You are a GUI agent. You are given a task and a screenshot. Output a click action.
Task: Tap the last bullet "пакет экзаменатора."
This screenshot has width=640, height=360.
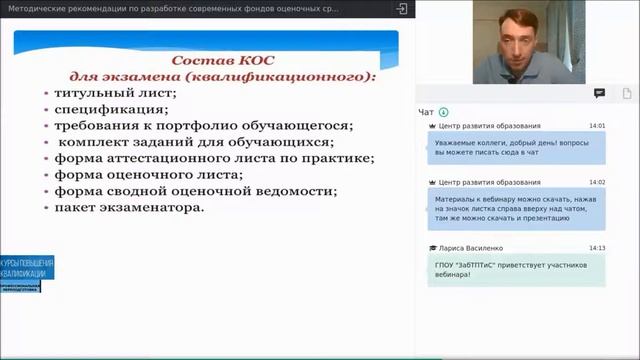tap(130, 207)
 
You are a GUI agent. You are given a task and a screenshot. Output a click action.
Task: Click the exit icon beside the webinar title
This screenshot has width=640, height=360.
tap(401, 8)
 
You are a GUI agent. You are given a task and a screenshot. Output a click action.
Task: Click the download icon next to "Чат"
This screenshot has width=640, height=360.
tap(444, 112)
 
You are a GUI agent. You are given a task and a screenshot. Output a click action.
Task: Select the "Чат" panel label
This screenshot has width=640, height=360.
tap(427, 112)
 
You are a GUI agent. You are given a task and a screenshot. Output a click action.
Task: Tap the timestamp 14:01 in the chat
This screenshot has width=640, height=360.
tap(597, 126)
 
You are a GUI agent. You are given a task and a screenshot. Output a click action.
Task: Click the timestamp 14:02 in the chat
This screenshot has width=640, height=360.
tap(597, 182)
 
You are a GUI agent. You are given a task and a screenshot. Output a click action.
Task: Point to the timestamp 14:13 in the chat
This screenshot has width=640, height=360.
tap(597, 247)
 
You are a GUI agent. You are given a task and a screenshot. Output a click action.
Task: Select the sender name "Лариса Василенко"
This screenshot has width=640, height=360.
tap(469, 247)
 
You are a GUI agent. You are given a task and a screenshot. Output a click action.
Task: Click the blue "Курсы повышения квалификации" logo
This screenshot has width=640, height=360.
tap(28, 268)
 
